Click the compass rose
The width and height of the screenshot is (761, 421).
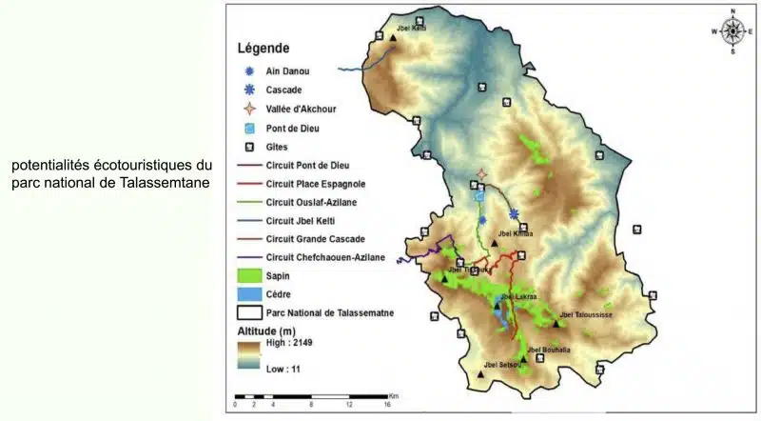pyautogui.click(x=732, y=30)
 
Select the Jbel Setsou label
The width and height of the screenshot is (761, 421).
pyautogui.click(x=502, y=365)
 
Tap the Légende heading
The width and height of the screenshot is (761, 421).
pyautogui.click(x=263, y=48)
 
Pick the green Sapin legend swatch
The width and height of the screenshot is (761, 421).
pyautogui.click(x=249, y=275)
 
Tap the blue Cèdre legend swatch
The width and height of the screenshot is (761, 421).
pyautogui.click(x=249, y=294)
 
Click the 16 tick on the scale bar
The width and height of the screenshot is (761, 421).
pyautogui.click(x=387, y=405)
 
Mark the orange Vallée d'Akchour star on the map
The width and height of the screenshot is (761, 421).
pyautogui.click(x=482, y=174)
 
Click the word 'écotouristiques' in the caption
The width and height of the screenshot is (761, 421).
pyautogui.click(x=143, y=166)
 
